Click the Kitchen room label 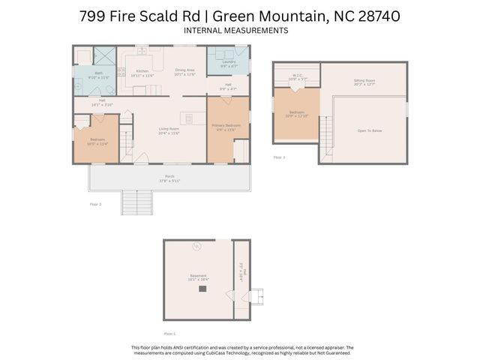pos(142,71)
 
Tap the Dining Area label pos(184,71)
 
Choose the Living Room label pos(169,129)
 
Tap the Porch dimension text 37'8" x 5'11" pos(169,181)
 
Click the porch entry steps pos(131,202)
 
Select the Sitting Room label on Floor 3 pos(364,80)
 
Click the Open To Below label pos(370,130)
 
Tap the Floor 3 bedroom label pos(297,112)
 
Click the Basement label pos(198,275)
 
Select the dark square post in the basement pos(202,288)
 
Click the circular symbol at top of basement pos(198,247)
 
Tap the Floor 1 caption pos(169,333)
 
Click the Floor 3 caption pos(279,157)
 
